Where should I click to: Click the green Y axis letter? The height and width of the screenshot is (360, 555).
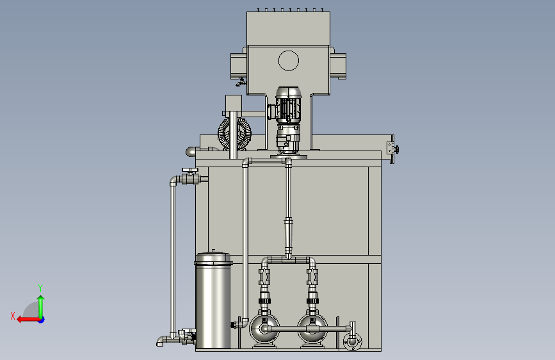[40, 288]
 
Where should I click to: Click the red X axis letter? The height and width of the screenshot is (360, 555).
[13, 316]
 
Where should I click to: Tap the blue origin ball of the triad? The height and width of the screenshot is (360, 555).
[42, 320]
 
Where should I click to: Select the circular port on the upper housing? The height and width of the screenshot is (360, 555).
[289, 61]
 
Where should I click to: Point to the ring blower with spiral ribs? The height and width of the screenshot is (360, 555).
[234, 134]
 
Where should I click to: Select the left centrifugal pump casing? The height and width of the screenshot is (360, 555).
[264, 329]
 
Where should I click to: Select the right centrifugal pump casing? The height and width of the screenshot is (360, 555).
[312, 329]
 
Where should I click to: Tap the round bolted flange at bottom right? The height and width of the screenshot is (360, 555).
[353, 341]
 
